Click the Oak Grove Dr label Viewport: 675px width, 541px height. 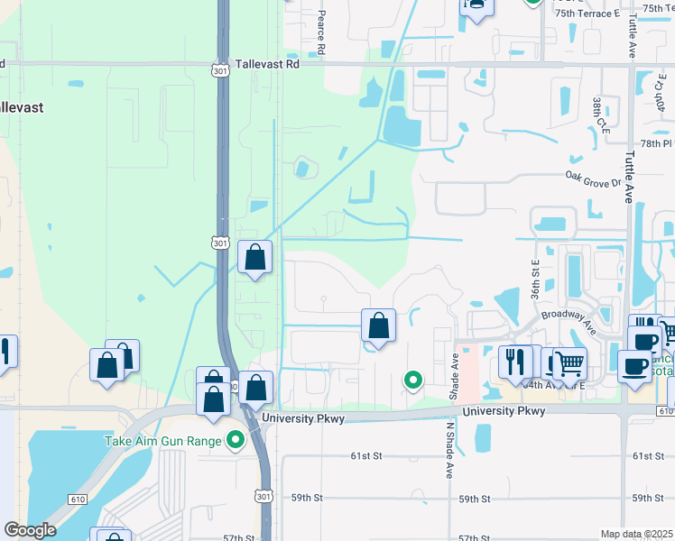pyautogui.click(x=594, y=179)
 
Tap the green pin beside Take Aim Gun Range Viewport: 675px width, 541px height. pyautogui.click(x=236, y=440)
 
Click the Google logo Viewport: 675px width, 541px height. pyautogui.click(x=30, y=530)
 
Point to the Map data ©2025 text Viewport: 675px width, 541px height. pyautogui.click(x=635, y=534)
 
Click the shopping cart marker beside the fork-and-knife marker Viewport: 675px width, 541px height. pyautogui.click(x=569, y=363)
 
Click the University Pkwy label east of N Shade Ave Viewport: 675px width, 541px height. pyautogui.click(x=504, y=411)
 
